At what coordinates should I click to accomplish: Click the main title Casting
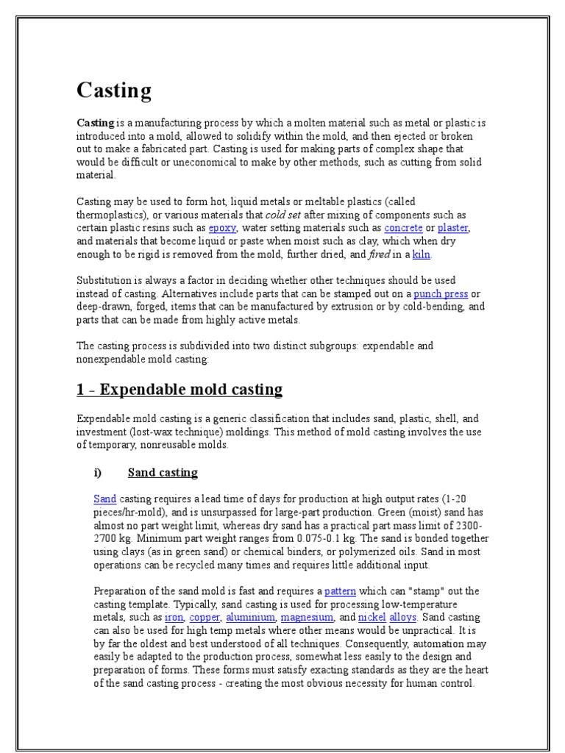point(114,90)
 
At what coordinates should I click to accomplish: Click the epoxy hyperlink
point(222,228)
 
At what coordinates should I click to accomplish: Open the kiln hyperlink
point(422,254)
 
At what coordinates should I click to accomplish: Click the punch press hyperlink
point(441,294)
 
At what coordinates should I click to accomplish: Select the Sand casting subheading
point(163,472)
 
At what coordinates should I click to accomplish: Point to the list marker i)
point(100,472)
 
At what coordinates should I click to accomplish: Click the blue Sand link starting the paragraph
point(105,499)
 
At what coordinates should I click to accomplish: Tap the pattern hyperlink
point(340,591)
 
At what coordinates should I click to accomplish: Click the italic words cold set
point(284,215)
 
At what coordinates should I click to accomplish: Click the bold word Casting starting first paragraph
point(96,123)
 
